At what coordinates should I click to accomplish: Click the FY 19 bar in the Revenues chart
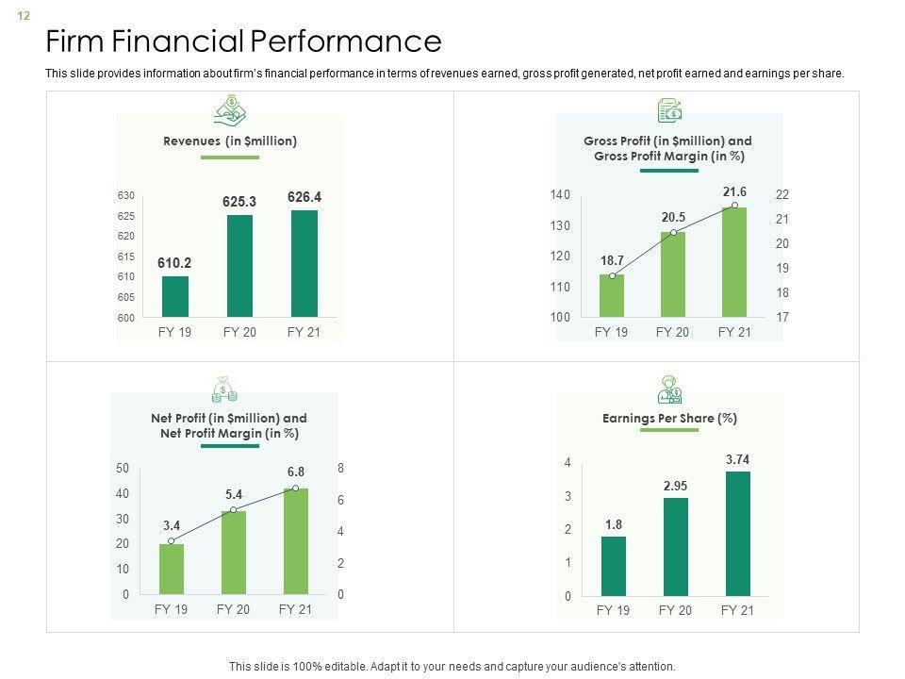pos(175,296)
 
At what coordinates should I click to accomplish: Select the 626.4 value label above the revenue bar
pos(304,197)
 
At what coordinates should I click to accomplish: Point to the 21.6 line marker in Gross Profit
pos(734,205)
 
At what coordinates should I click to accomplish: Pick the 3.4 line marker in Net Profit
pos(171,540)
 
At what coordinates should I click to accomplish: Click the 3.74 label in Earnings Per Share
pos(738,459)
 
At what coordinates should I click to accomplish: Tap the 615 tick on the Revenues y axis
pos(126,257)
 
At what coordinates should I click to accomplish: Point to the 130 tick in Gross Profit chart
pos(560,225)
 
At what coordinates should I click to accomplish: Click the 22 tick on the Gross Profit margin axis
pos(782,194)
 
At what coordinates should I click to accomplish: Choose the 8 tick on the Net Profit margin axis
pos(340,469)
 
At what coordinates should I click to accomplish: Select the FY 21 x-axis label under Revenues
pos(304,332)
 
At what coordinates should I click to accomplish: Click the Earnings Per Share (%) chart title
pos(669,418)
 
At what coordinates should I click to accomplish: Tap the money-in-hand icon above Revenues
pos(230,110)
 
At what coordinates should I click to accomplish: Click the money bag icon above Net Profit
pos(224,389)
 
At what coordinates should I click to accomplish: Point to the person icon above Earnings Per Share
pos(669,389)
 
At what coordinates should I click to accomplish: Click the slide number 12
pos(24,16)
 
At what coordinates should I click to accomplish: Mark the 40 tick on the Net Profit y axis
pos(123,494)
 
